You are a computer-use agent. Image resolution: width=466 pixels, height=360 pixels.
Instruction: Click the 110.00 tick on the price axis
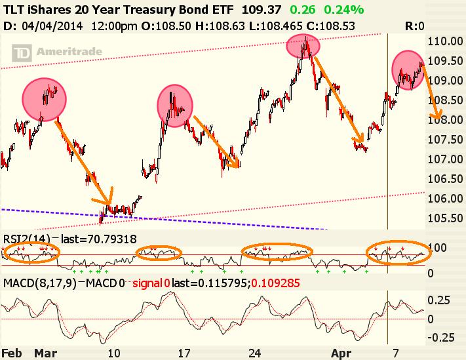(445, 41)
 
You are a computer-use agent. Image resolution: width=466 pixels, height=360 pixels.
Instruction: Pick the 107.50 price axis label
(445, 140)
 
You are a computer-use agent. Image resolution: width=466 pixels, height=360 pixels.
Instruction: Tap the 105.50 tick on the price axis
(445, 218)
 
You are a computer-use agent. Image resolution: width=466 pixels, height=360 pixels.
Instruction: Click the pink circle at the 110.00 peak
(303, 46)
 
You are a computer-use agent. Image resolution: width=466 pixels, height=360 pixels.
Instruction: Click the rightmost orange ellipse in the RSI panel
(397, 252)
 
